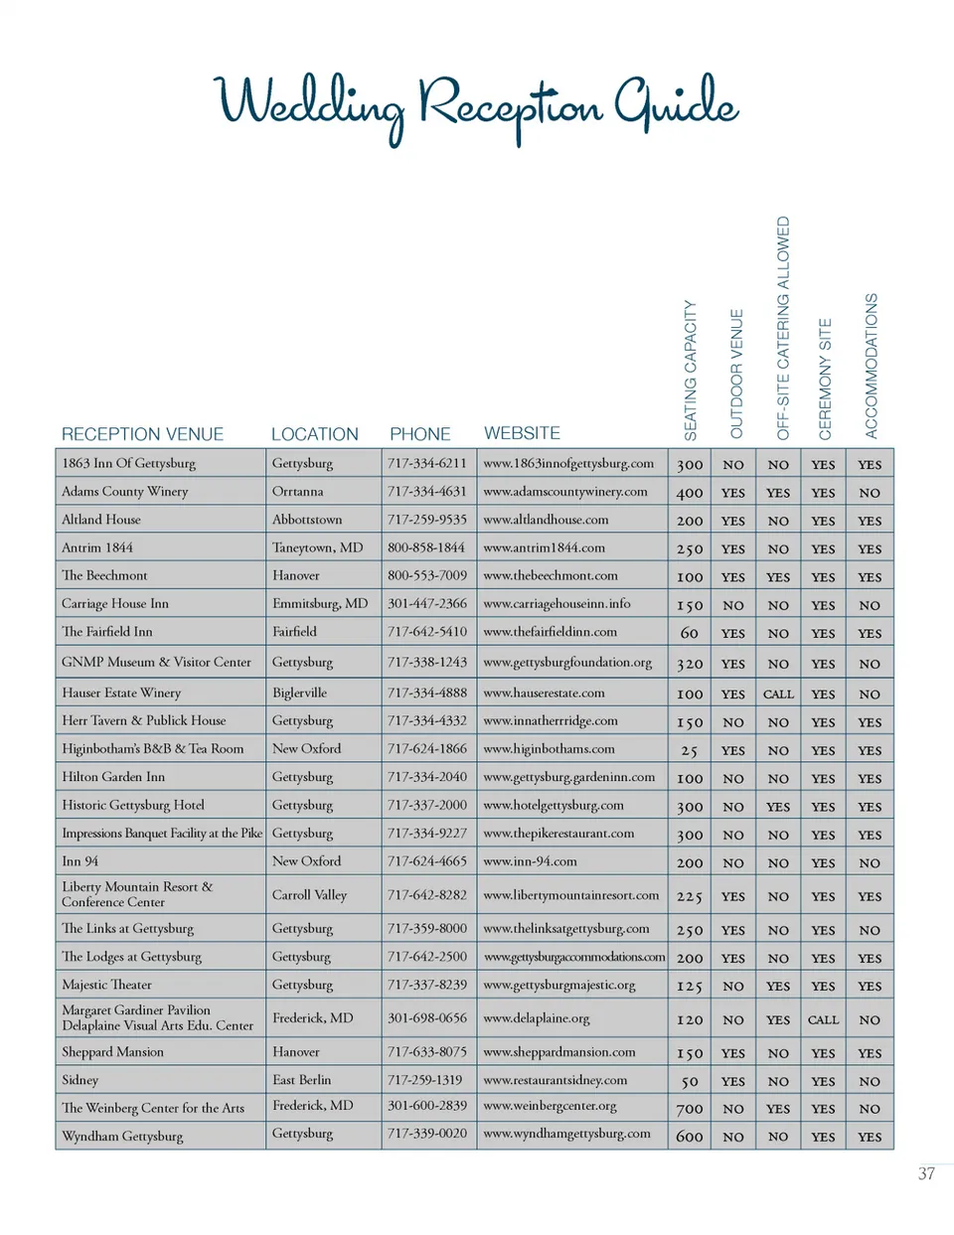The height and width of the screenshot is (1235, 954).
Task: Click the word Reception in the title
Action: tap(510, 104)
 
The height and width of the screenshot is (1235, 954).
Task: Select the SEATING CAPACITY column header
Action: tap(691, 371)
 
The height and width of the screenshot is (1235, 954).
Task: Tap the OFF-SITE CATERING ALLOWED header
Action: tap(783, 328)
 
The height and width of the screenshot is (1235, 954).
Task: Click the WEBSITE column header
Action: tap(522, 433)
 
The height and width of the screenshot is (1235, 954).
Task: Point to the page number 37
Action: tap(926, 1173)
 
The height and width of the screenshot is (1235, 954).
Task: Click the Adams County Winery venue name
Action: tap(124, 492)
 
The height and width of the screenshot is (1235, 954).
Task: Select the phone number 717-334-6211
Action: tap(427, 463)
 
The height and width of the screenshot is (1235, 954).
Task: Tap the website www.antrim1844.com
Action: tap(544, 547)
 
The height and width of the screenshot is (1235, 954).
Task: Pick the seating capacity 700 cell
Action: tap(690, 1109)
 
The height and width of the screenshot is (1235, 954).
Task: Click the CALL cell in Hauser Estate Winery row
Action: tap(778, 695)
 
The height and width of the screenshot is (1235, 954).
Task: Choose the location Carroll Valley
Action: tap(309, 895)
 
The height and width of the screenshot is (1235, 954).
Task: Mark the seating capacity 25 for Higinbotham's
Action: tap(690, 751)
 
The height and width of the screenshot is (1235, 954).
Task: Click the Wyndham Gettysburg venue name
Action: tap(122, 1136)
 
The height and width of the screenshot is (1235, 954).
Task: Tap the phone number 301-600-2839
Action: tap(427, 1106)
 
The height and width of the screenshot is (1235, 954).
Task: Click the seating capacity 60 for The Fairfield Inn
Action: tap(690, 633)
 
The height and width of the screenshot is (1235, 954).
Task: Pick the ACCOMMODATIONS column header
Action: tap(872, 366)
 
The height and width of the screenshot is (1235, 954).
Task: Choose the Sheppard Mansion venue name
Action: tap(112, 1052)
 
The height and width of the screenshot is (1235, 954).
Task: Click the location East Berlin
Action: tap(302, 1080)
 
